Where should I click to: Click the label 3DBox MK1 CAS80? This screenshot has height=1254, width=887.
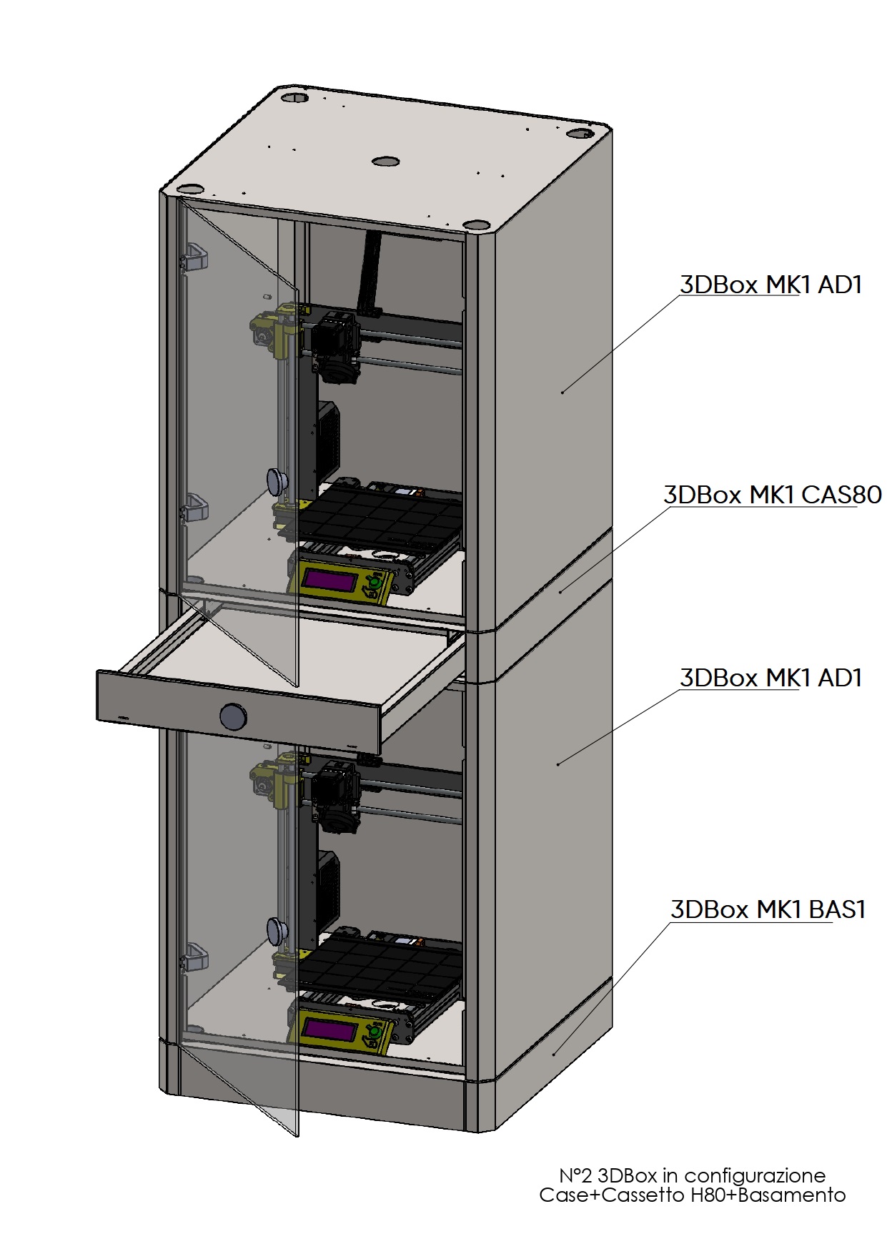point(773,495)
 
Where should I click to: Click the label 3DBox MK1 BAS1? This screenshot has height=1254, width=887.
point(768,909)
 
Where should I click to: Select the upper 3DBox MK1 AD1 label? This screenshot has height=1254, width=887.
point(770,285)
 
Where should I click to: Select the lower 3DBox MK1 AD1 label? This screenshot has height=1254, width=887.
point(770,678)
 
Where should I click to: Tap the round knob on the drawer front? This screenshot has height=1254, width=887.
point(232,716)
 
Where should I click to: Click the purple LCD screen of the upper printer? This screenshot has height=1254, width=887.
point(331,580)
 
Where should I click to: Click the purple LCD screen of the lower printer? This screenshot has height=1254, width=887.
point(331,1030)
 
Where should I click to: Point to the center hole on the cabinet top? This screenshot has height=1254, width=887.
point(385,161)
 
